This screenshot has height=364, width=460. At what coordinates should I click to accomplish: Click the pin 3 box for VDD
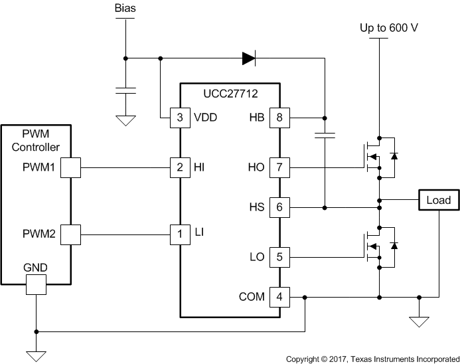coord(180,118)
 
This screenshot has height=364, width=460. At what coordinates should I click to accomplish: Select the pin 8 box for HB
coord(279,118)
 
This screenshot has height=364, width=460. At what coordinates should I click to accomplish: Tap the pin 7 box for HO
coord(279,167)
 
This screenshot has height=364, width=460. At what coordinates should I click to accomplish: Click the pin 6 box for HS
coord(279,208)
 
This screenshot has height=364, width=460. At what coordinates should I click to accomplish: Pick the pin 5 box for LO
coord(279,256)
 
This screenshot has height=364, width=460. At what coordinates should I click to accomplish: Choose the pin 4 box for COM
coord(279,297)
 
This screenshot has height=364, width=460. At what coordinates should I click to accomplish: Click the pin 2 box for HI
coord(180,167)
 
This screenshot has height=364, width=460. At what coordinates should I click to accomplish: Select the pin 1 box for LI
coord(180,233)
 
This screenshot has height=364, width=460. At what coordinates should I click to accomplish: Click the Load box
coord(438,200)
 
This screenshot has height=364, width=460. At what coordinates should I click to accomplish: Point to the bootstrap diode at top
coord(249,58)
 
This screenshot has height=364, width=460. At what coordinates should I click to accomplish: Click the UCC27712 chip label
coord(230,94)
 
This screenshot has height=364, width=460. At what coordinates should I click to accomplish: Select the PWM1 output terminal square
coord(70,167)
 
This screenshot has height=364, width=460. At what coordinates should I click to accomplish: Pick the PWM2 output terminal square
coord(70,233)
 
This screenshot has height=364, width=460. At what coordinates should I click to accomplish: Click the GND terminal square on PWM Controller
coord(36,285)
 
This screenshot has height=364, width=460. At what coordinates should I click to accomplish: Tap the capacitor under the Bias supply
coord(124,91)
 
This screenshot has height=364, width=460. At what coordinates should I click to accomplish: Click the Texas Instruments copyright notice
coord(371,359)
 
